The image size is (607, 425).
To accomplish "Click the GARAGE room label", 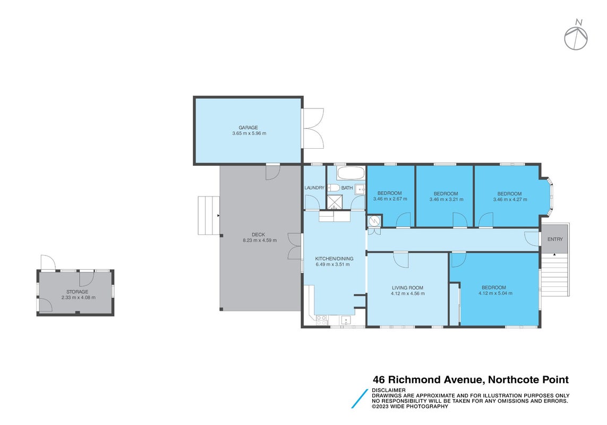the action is coord(248,127).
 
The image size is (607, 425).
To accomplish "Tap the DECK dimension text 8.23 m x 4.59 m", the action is coord(260,240).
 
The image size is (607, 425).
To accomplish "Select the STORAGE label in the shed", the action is coord(77,292).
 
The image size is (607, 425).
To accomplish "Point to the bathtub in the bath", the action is coord(350,173).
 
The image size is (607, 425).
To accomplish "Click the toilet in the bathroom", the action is coord(334,188).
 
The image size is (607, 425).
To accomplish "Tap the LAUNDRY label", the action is coord(314,188).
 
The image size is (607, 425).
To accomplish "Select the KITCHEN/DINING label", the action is coord(334,259).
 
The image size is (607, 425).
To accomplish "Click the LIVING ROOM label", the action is coord(408,288).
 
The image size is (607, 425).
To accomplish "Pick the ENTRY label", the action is coord(555,240).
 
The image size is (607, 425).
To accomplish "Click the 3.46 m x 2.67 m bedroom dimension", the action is coord(390,199).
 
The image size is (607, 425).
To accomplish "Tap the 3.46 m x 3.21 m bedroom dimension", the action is coord(446,200).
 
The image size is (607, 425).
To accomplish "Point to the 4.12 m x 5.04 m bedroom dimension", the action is coord(495,293).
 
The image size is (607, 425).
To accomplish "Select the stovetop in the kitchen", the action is coord(321,320).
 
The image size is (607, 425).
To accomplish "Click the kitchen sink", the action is coord(346,320).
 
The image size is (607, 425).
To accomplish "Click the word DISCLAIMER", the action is coord(389,390).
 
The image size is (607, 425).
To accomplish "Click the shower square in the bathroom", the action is coord(335,202).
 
